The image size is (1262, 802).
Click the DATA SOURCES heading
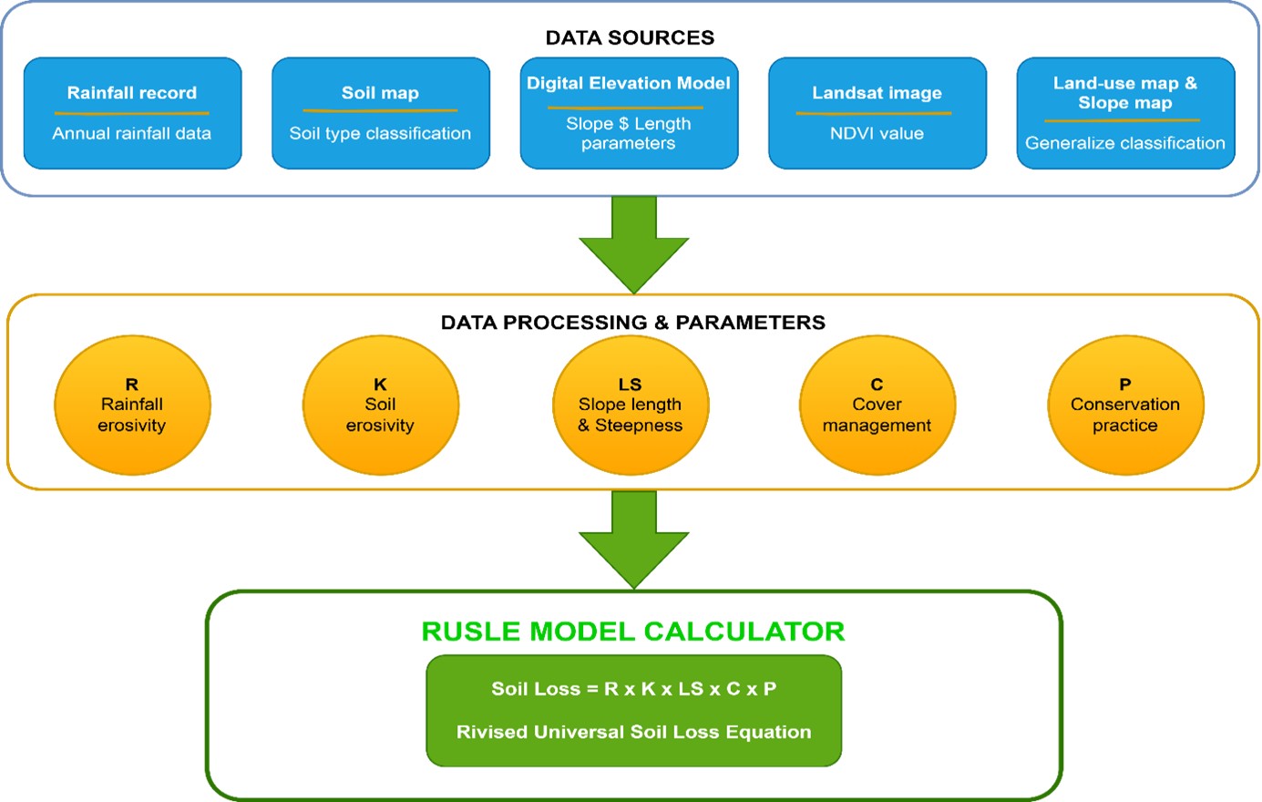[630, 37]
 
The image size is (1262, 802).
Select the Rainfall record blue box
[132, 113]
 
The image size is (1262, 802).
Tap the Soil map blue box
[380, 113]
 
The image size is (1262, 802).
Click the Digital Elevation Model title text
[629, 83]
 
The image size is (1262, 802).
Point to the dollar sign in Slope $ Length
[624, 124]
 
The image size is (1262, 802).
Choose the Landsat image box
[877, 113]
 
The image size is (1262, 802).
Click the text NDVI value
[877, 134]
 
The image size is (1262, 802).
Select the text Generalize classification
[1124, 143]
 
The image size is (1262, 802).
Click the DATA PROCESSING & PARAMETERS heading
[632, 323]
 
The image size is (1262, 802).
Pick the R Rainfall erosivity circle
[133, 406]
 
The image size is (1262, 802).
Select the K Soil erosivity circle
[380, 406]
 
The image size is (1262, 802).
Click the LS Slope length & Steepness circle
[631, 406]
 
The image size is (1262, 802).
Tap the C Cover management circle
[877, 406]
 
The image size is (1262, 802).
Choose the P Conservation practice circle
[1125, 406]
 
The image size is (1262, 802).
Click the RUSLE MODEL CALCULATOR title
[632, 632]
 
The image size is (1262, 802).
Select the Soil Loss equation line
[633, 689]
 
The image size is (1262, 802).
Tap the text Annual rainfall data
[132, 134]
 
